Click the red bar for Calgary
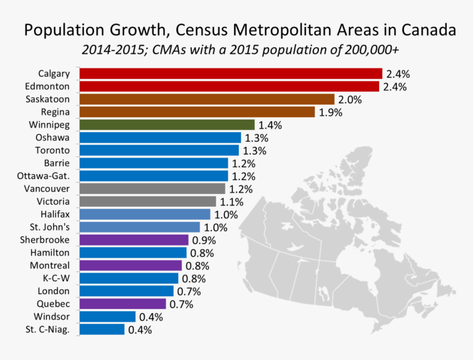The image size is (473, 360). click(x=231, y=74)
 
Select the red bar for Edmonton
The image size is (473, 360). click(x=229, y=86)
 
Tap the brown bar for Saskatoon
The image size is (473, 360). click(x=207, y=99)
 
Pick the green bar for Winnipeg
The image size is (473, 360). click(x=167, y=125)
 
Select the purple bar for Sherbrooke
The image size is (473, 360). click(x=134, y=240)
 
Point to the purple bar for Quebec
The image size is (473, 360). click(x=123, y=304)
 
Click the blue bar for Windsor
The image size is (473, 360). click(x=108, y=317)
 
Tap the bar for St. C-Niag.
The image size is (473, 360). click(x=102, y=329)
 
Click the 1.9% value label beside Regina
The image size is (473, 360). click(x=331, y=112)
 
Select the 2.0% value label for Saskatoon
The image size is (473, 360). click(x=350, y=100)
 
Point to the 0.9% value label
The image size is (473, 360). click(x=203, y=241)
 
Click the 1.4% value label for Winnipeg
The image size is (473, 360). click(x=270, y=126)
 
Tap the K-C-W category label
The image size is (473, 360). click(x=56, y=278)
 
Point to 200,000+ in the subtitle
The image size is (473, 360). click(x=372, y=50)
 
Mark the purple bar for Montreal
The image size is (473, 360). click(x=130, y=265)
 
